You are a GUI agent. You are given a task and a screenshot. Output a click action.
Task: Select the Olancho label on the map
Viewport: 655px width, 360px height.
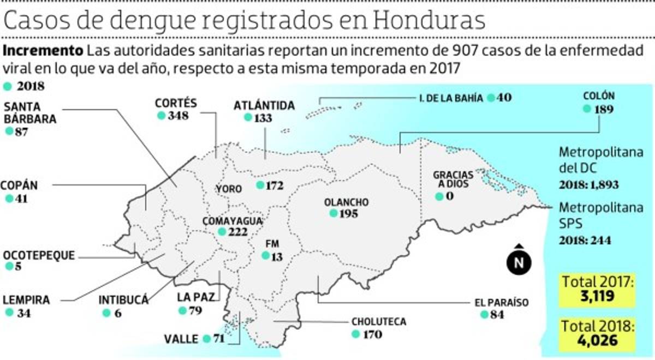(x=346, y=202)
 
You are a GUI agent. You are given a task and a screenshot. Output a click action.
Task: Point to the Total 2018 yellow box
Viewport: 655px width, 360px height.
(x=598, y=334)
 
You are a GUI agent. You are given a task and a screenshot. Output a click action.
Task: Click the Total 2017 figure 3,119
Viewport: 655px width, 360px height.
(x=598, y=297)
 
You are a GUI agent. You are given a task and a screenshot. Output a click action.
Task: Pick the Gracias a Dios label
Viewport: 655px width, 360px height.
(x=453, y=179)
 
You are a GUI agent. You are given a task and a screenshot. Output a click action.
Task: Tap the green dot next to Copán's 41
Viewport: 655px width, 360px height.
(x=9, y=199)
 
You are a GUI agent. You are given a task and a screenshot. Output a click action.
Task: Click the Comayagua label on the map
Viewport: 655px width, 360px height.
(x=233, y=221)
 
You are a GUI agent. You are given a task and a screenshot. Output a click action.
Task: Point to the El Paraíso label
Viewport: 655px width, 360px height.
(x=501, y=303)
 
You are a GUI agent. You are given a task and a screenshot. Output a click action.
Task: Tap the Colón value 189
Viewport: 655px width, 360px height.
(x=604, y=109)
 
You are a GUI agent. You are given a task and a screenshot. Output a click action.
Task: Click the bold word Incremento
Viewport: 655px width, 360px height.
(x=43, y=52)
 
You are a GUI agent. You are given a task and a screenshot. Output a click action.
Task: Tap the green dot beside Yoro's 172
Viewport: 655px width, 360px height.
(x=260, y=185)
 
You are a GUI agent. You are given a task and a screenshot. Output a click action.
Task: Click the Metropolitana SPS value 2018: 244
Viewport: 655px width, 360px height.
(x=584, y=241)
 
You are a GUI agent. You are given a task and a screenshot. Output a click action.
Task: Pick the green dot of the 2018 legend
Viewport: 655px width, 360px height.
(x=8, y=86)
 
